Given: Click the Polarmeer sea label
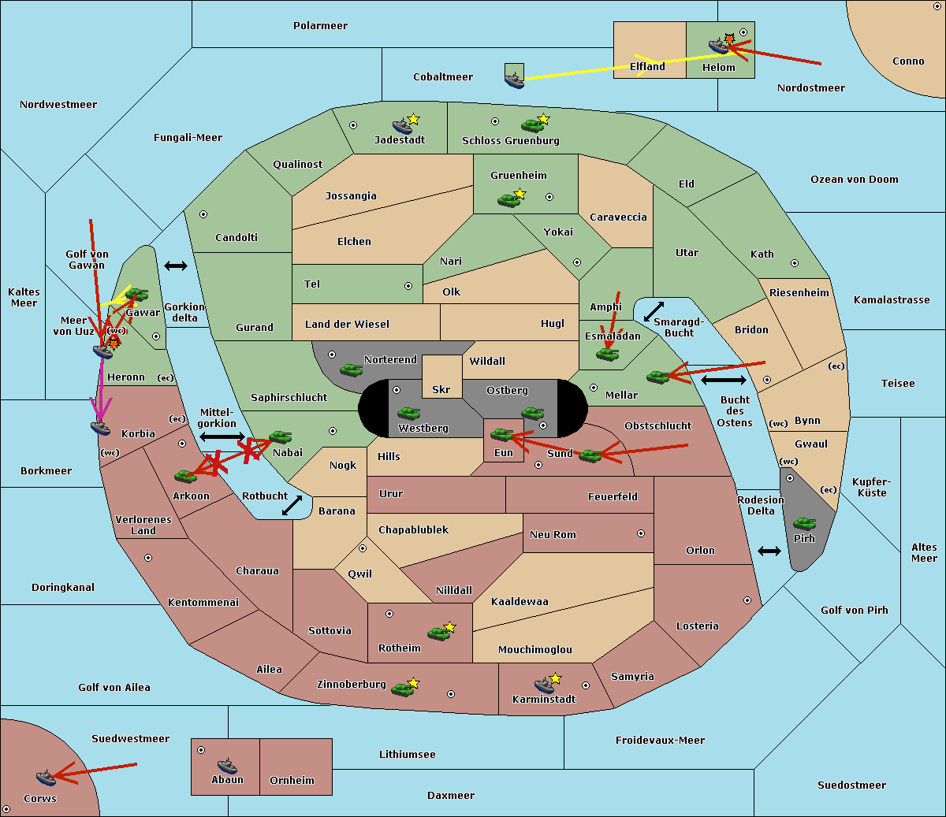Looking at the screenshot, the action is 320,26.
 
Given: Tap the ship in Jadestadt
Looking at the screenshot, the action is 402,125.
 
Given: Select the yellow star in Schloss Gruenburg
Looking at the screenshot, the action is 544,119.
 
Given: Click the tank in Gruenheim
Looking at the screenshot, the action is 508,200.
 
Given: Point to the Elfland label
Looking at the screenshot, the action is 647,67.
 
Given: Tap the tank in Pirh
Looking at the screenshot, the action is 804,523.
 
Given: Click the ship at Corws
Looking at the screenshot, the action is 46,778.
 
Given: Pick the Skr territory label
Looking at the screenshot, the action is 441,389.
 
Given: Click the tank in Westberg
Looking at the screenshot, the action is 408,413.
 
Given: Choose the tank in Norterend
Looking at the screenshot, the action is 351,370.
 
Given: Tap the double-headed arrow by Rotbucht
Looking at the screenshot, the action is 292,505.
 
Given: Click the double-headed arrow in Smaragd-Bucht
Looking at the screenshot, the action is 654,311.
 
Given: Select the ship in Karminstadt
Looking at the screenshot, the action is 544,685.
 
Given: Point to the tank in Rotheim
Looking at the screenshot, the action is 438,633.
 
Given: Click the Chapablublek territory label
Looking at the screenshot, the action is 413,529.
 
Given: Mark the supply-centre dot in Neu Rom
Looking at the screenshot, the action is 641,533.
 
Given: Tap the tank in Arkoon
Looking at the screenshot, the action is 185,476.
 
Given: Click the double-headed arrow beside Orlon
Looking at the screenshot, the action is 769,551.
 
